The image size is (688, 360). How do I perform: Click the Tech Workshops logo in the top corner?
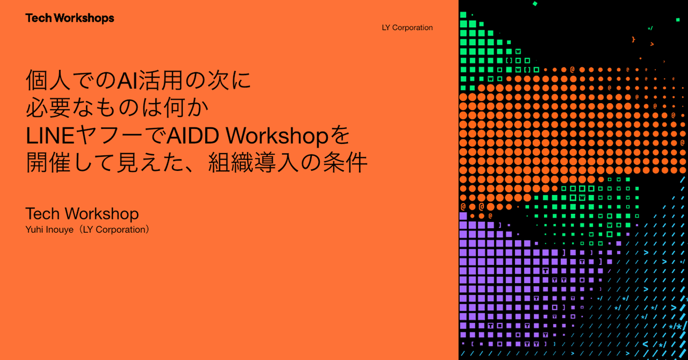coord(70,18)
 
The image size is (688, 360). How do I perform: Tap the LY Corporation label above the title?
coord(407,28)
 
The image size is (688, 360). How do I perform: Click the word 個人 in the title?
coord(49,80)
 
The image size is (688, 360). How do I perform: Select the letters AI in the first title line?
coord(128,80)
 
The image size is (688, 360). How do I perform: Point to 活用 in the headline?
coord(160,80)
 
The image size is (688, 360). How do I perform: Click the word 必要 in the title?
coord(49,108)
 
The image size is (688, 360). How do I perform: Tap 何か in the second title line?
coord(186,108)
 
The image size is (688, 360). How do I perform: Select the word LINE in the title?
coord(50,136)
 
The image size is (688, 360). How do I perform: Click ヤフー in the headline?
coord(109,135)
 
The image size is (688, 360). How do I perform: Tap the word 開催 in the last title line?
coord(49,162)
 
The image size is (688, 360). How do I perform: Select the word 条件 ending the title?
coord(345,162)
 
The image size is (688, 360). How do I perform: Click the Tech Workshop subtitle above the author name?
coord(82,214)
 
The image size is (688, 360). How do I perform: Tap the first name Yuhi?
coord(35,230)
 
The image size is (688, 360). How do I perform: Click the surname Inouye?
coord(60,230)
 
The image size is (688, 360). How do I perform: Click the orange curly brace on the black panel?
coord(634,40)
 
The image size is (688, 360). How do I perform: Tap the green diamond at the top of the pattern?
coord(535,3)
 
